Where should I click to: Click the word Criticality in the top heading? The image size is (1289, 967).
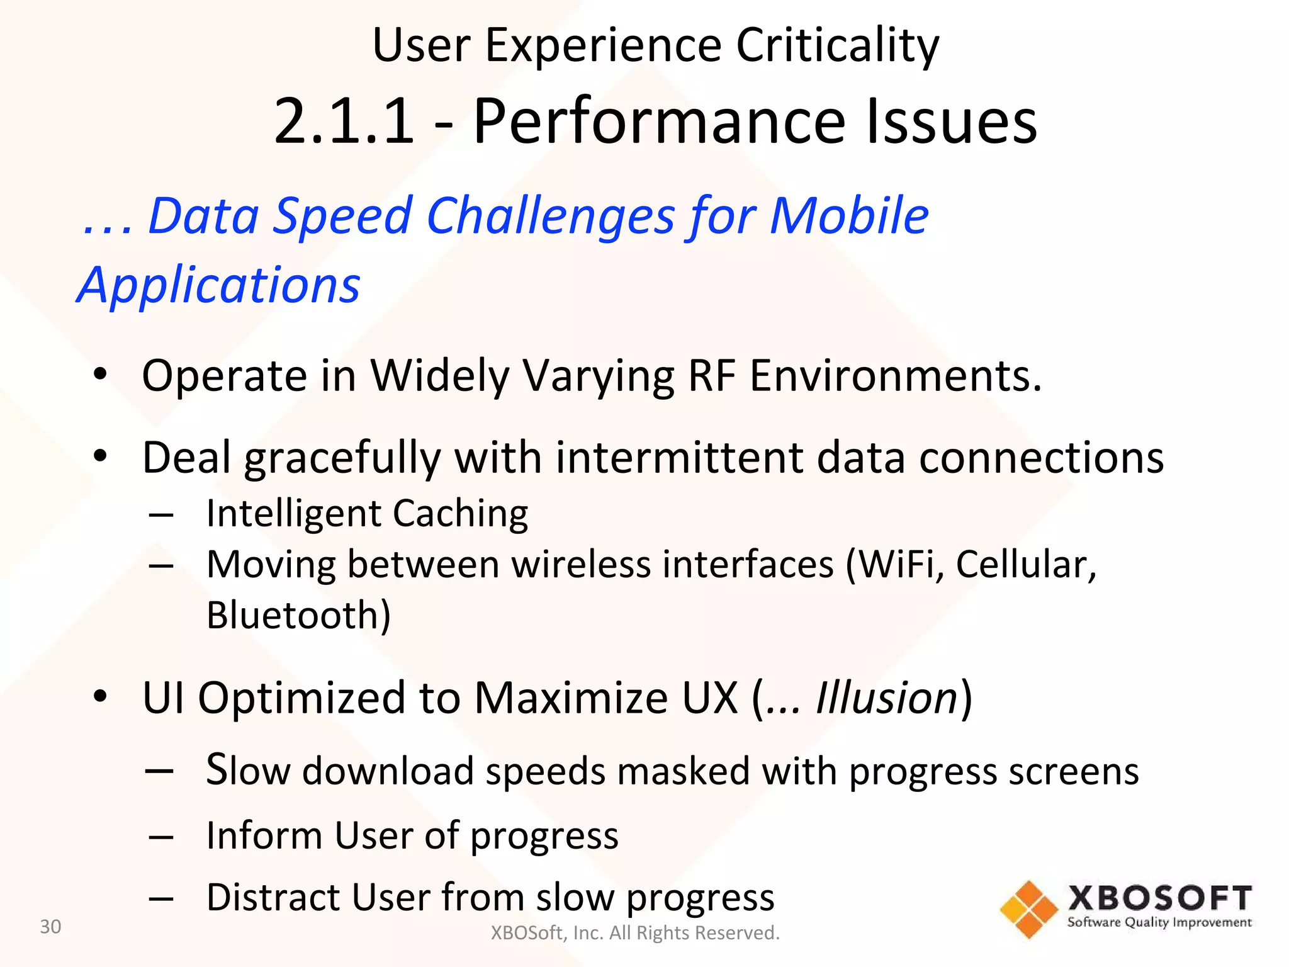[x=837, y=46]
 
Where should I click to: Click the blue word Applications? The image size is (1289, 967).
[x=218, y=285]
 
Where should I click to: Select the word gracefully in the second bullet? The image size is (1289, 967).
[x=343, y=458]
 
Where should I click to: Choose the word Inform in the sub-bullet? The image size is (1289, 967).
[x=264, y=835]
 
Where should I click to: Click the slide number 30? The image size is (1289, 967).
[x=50, y=927]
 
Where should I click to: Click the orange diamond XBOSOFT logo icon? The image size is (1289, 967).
[x=1028, y=910]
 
